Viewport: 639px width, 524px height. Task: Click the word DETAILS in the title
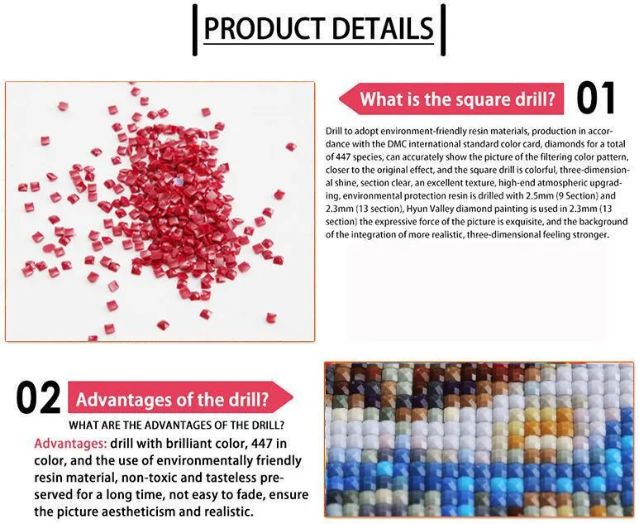[379, 28]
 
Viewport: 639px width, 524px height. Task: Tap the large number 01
[595, 99]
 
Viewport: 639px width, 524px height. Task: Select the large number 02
[38, 399]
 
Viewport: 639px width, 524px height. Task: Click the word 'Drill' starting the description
[333, 131]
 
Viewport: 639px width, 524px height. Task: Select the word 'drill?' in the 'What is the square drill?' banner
[533, 100]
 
